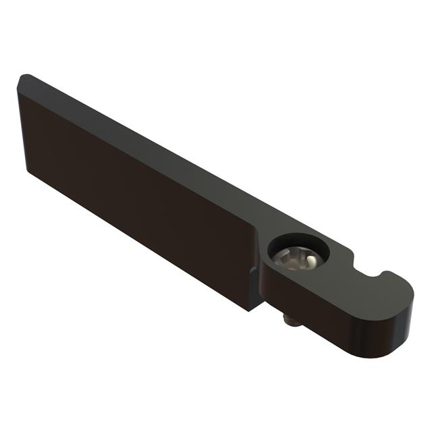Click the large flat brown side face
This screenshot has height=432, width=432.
[x=135, y=196]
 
